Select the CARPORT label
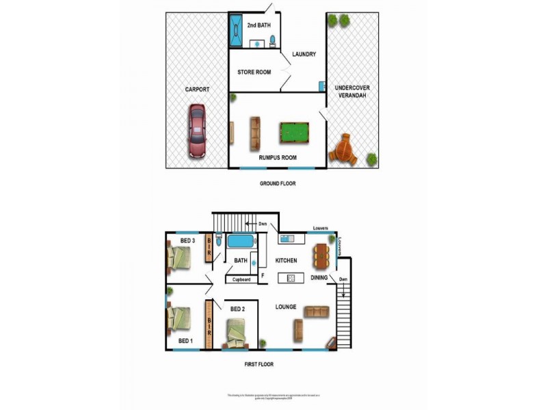point(197,90)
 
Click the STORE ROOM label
point(254,72)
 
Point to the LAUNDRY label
point(304,55)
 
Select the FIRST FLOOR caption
point(258,364)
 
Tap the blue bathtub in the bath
point(240,241)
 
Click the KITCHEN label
point(286,261)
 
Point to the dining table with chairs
point(321,256)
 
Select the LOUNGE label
point(286,307)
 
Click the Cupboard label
point(242,279)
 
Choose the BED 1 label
point(186,340)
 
